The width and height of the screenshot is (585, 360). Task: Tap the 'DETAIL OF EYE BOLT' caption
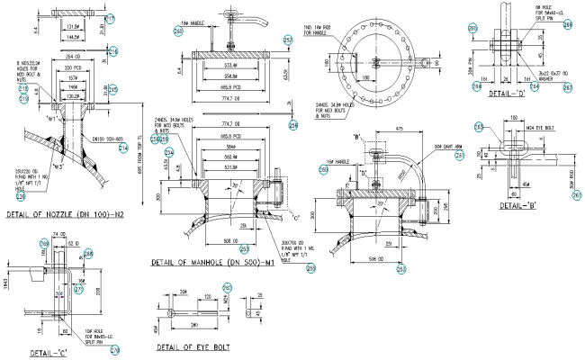(192, 346)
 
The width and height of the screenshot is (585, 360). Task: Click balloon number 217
(109, 18)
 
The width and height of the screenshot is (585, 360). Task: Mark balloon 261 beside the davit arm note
(458, 154)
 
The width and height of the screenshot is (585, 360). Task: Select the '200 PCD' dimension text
(67, 68)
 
